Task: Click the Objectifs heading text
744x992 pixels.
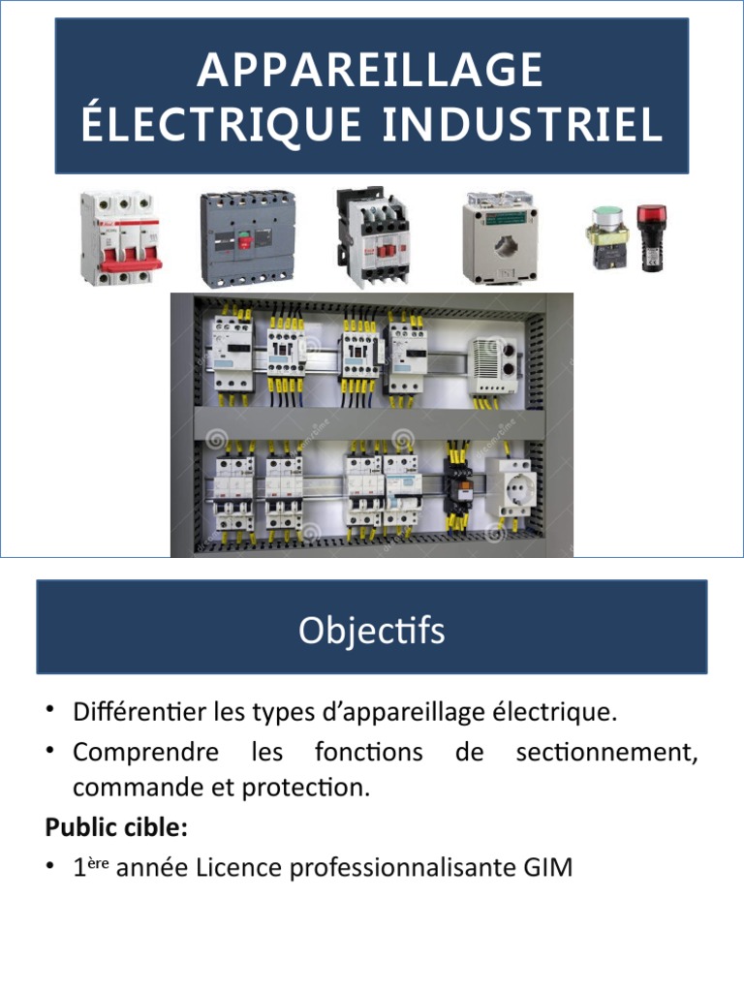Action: click(x=371, y=632)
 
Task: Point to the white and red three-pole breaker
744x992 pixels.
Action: click(x=120, y=238)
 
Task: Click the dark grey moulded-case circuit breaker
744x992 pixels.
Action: click(x=248, y=237)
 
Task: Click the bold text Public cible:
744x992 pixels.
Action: click(x=115, y=828)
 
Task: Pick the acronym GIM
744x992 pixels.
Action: click(x=549, y=868)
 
